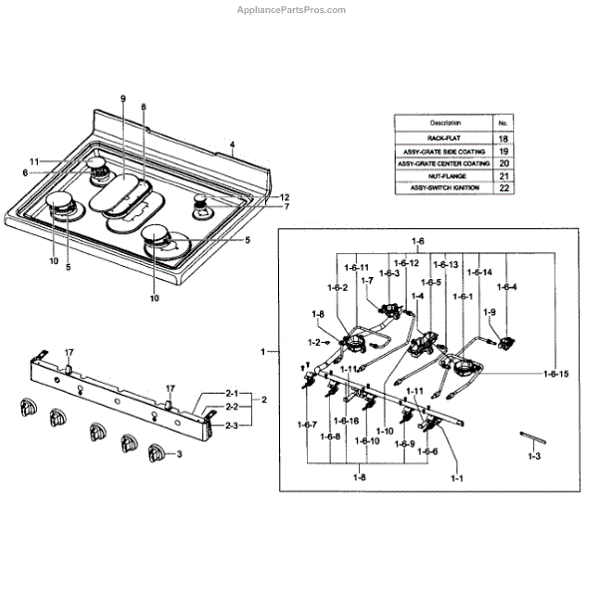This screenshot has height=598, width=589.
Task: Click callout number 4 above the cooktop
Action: (232, 146)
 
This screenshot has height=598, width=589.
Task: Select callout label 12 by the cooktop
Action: (256, 197)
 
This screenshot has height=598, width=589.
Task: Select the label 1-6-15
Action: (556, 373)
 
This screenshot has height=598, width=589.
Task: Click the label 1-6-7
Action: (306, 426)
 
